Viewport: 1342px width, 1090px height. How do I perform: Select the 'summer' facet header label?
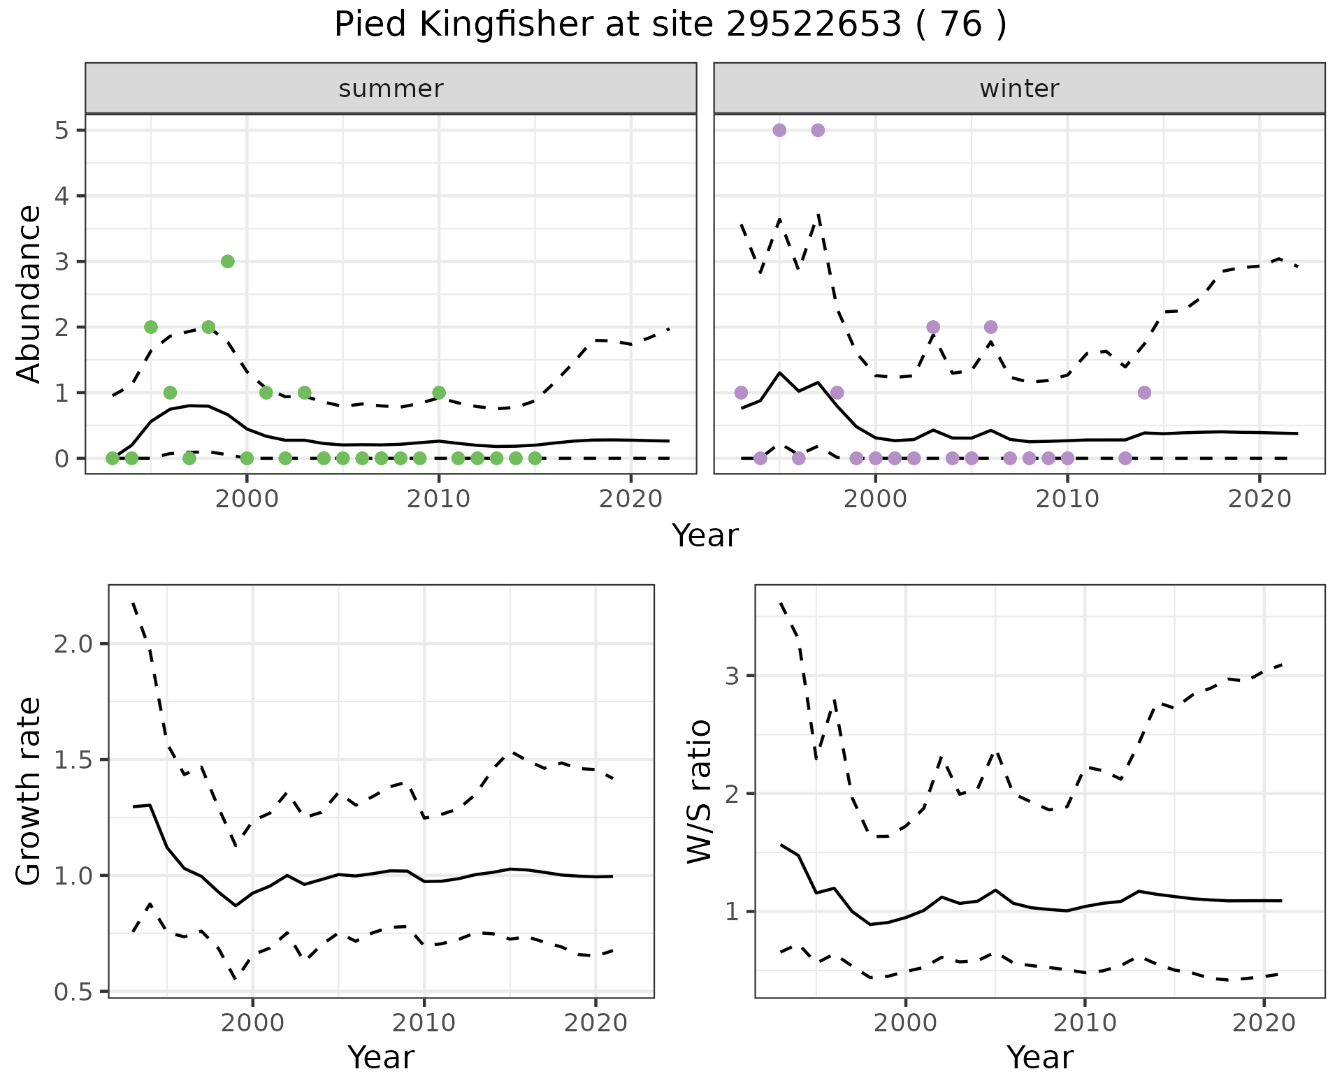click(391, 89)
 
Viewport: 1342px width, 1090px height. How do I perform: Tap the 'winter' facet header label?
click(1019, 89)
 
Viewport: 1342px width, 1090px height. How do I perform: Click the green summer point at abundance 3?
click(227, 261)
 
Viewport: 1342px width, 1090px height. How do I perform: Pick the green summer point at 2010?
click(438, 393)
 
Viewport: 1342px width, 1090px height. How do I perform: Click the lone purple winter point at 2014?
click(1144, 393)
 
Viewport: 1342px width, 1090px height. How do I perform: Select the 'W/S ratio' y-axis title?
click(699, 791)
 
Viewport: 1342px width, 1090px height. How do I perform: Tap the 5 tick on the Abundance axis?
click(62, 131)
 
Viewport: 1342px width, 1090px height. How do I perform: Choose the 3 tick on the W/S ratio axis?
click(734, 676)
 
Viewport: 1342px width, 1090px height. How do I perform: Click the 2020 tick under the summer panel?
click(630, 500)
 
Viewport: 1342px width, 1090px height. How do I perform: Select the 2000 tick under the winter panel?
click(875, 500)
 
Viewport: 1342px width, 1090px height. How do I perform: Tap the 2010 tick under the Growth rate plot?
click(424, 1024)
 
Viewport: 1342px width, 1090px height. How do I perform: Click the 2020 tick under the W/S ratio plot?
click(1264, 1024)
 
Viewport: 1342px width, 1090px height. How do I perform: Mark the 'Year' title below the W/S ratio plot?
click(1039, 1058)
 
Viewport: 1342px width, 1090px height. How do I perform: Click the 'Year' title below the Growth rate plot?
click(381, 1058)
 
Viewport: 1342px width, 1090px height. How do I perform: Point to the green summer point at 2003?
click(304, 393)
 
